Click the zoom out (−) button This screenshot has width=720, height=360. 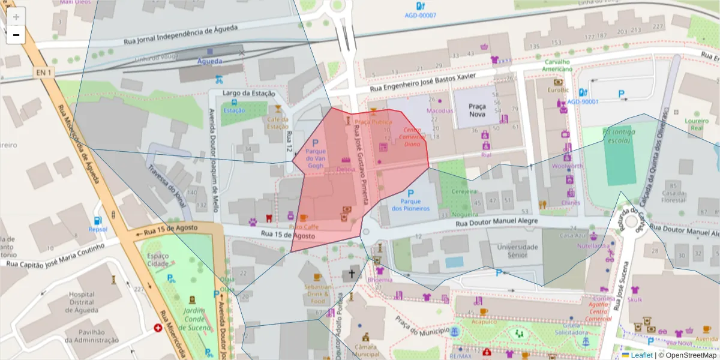point(16,35)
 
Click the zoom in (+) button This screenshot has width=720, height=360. point(16,17)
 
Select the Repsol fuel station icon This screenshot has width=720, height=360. point(97,221)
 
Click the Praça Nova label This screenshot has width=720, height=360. point(477,110)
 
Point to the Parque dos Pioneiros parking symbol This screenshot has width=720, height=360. point(411,194)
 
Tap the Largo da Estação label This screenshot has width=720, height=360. point(248,93)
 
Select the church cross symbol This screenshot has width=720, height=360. point(350,275)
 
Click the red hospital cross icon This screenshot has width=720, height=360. point(158,328)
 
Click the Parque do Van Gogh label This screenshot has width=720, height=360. point(316,158)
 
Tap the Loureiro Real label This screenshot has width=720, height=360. point(696,124)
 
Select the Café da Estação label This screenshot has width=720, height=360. point(278,123)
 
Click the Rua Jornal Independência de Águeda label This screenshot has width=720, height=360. point(181,35)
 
